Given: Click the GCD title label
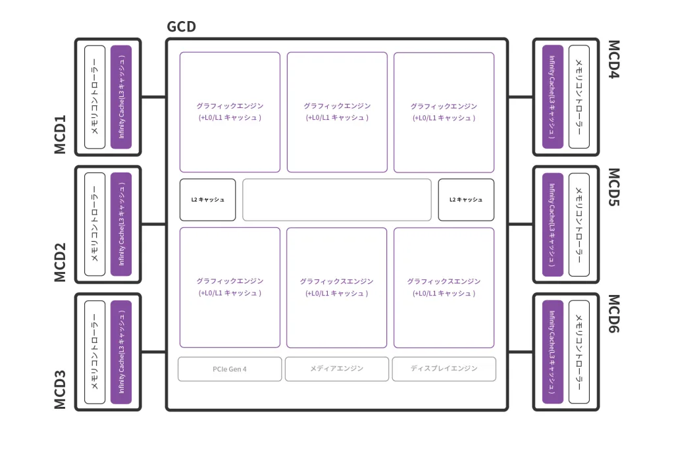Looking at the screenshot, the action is [x=181, y=27].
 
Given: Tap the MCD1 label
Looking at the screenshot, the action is [x=60, y=134].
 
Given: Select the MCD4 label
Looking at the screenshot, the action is [x=614, y=59].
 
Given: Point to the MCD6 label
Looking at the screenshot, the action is [x=614, y=313].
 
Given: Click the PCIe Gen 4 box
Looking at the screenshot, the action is [x=230, y=369].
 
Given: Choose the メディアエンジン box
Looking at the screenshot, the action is [x=337, y=369].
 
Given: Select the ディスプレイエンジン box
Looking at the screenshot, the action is [x=444, y=369].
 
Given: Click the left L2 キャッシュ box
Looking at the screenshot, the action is [x=207, y=199].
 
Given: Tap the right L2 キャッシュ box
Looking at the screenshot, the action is [x=466, y=199].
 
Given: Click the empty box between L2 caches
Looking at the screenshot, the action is [x=337, y=199].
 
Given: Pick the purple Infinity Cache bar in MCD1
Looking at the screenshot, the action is [x=121, y=97].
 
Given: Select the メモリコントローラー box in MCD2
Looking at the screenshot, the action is [x=95, y=224].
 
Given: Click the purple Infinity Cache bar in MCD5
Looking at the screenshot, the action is [x=553, y=224].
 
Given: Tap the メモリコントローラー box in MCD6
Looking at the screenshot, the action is [x=579, y=352].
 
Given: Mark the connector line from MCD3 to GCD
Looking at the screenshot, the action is [x=153, y=352].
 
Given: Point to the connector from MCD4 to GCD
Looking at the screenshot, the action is [x=521, y=97].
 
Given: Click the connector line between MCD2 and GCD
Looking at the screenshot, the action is [x=153, y=224].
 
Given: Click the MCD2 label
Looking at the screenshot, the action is [x=60, y=262].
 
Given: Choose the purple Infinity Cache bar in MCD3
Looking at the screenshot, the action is [x=121, y=352].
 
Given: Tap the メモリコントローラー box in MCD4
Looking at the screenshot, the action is [x=579, y=97].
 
